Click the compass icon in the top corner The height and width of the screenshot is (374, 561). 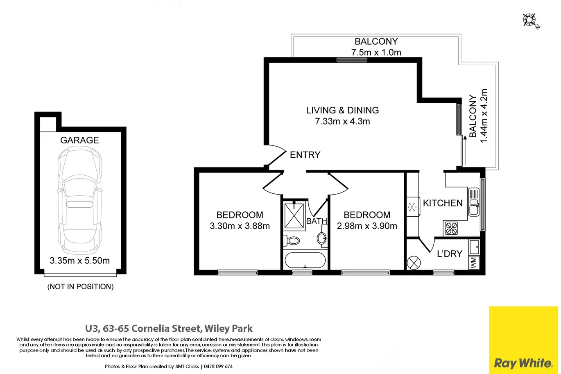tap(530, 20)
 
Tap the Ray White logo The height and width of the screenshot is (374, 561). tap(523, 363)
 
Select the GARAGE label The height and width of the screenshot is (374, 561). tap(79, 140)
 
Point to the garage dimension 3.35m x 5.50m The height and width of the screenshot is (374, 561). tap(79, 261)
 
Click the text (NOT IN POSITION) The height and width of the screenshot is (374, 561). tap(80, 287)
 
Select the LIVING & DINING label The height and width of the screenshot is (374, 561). tap(342, 110)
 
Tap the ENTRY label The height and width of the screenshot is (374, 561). tap(305, 155)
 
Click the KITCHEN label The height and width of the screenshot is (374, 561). tap(443, 203)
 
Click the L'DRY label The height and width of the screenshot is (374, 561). tap(449, 254)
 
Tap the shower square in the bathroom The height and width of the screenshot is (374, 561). tap(294, 215)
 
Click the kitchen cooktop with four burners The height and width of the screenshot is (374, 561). tap(452, 228)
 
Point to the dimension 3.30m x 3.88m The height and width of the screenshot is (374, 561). tap(240, 226)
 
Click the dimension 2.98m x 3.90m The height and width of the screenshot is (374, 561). tap(367, 226)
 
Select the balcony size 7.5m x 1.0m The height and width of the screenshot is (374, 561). tap(376, 52)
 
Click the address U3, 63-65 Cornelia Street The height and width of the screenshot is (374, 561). tap(169, 329)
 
